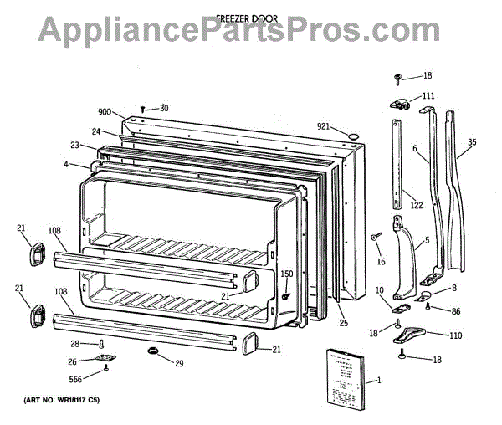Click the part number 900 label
[105, 112]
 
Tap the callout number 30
[164, 107]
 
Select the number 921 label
[324, 126]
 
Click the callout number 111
[428, 95]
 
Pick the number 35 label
[472, 141]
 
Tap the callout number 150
[286, 274]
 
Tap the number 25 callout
[342, 322]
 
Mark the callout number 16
[381, 262]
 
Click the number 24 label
[96, 131]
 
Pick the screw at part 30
[144, 109]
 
